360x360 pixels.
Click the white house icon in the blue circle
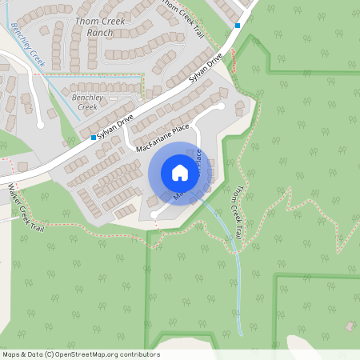pos(180,173)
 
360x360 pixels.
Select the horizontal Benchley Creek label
pos(84,102)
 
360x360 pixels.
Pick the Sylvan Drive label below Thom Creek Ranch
pos(205,70)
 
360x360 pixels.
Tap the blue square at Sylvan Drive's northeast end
pos(238,26)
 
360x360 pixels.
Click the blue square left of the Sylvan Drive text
pos(94,138)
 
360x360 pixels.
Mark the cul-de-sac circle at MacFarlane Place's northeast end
pos(221,106)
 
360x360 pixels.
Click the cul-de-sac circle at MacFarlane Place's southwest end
pos(154,214)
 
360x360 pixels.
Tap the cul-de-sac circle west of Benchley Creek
pos(40,124)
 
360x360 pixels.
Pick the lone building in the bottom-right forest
pos(350,326)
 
